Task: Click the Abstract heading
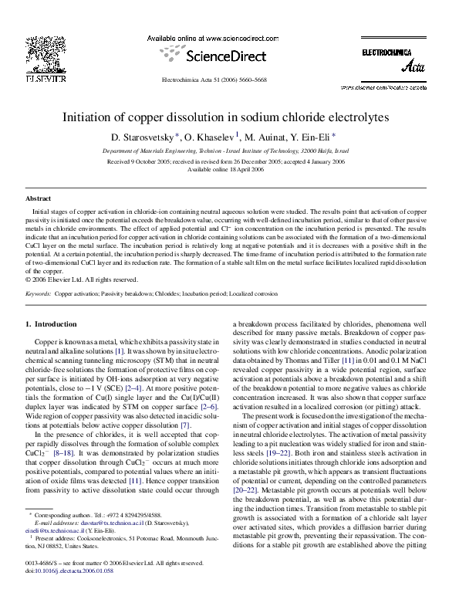[39, 198]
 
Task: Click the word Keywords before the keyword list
[39, 294]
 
